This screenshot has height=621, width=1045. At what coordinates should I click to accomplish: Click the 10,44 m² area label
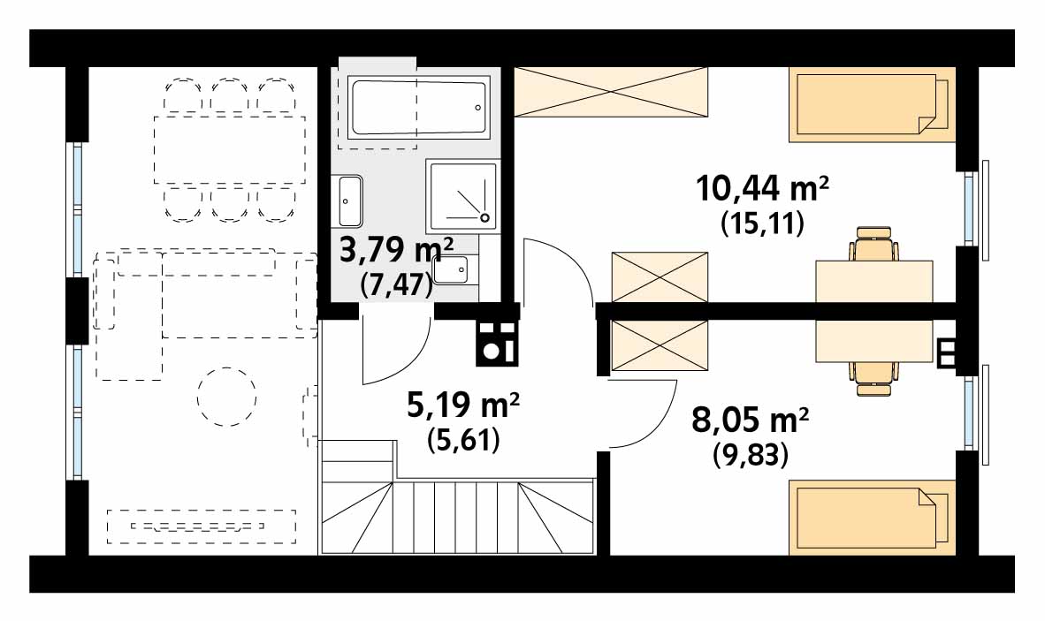point(762,188)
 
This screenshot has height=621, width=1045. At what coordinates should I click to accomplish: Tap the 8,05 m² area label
point(751,421)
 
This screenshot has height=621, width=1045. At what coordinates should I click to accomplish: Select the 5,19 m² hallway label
point(463,404)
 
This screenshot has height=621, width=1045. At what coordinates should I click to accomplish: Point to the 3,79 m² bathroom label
point(397,251)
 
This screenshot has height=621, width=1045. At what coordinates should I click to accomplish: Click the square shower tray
point(462,194)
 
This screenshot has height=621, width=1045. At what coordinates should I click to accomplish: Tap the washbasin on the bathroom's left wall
point(350,201)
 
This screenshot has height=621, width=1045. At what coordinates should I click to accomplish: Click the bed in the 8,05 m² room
point(872,518)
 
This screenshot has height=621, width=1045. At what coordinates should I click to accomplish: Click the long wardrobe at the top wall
point(611,92)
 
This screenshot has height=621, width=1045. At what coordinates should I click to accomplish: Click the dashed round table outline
point(226,397)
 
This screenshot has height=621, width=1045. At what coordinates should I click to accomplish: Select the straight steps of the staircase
point(456,517)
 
